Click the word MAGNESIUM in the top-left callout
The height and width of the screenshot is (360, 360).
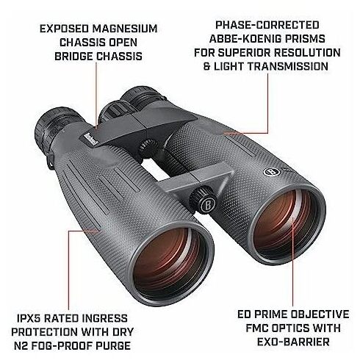125,29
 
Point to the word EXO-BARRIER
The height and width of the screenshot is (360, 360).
293,342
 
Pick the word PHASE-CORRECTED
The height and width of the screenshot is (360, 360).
267,25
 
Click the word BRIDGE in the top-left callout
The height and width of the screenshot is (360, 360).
73,57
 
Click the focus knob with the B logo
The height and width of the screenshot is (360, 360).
202,200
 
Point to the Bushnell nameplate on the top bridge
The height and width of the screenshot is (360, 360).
88,140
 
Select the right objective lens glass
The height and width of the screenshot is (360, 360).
287,221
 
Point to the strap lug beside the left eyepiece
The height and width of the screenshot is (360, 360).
51,161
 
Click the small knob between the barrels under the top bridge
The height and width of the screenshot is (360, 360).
148,148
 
